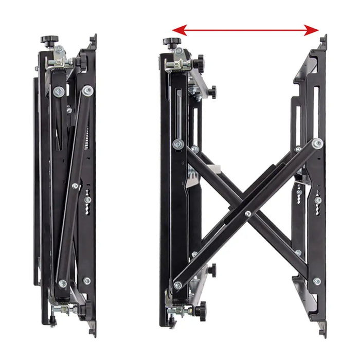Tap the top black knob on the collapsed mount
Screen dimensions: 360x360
pos(50,40)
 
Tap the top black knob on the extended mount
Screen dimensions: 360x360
pos(170,42)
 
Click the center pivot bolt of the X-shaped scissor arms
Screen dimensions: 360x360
pos(248,213)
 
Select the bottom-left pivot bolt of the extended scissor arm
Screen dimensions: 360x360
pos(177,285)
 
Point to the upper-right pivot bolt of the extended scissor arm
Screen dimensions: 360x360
pos(318,143)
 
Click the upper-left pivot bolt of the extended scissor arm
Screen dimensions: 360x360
pos(178,144)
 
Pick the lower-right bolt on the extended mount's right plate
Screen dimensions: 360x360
pos(317,282)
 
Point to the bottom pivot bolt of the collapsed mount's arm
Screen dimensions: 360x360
pos(62,283)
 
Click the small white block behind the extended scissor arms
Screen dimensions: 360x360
pos(217,168)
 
